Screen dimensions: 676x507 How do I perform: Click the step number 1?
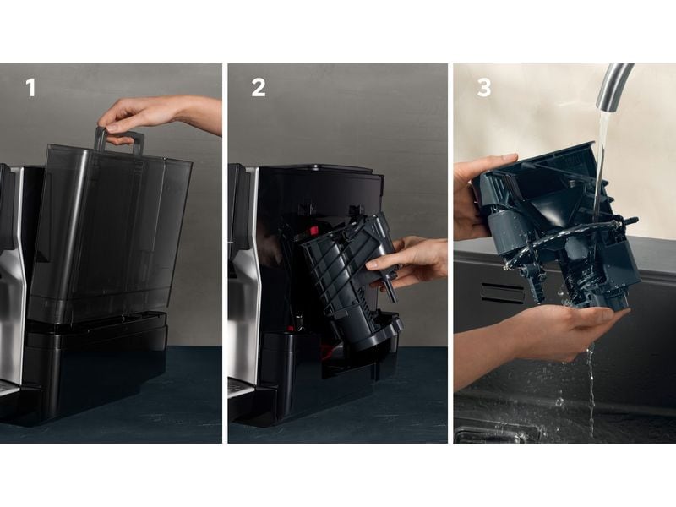30,88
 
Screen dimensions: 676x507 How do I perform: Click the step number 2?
259,88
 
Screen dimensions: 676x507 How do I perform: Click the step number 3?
484,88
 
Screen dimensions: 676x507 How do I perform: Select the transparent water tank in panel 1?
110,233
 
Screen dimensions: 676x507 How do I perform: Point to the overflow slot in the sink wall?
502,292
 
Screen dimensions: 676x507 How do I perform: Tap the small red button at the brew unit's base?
291,329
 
